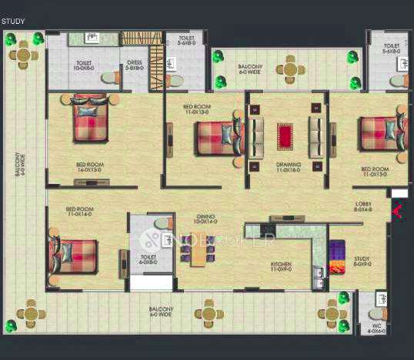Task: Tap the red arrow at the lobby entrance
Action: coord(397,210)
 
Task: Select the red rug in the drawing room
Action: coord(286,137)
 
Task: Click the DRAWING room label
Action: coord(288,165)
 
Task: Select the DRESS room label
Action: coord(134,65)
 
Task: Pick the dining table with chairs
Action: coord(198,250)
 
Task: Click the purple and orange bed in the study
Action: coord(338,257)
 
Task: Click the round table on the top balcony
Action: coord(290,70)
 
